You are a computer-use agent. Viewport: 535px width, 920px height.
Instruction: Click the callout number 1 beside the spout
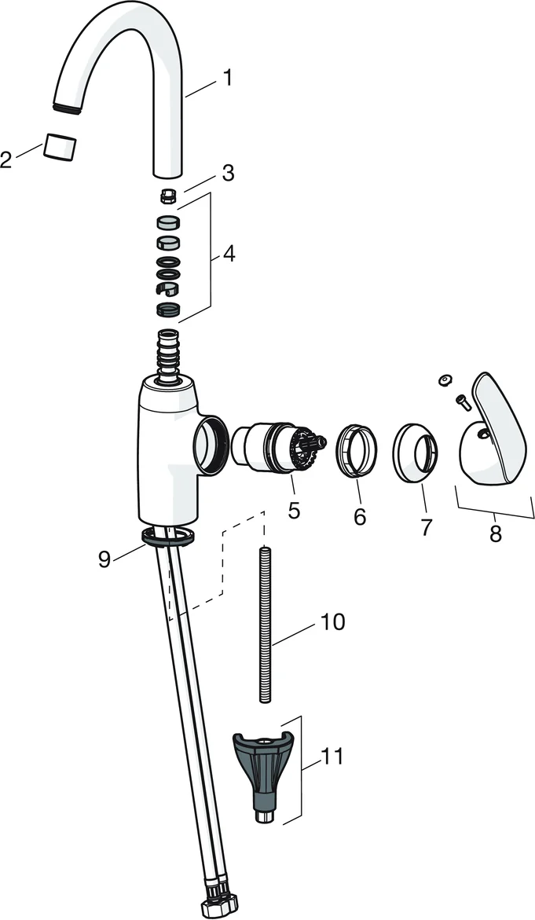tap(227, 78)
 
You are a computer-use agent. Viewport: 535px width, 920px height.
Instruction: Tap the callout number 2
tap(5, 159)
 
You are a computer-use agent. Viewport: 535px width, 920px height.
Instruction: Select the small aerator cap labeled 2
tap(59, 147)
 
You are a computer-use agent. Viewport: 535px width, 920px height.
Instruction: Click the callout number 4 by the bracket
tap(228, 254)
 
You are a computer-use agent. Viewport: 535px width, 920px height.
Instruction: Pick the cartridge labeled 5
tap(278, 449)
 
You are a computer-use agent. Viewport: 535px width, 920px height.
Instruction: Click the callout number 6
tap(360, 515)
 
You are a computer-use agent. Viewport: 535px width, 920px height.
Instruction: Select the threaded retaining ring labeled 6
tap(356, 451)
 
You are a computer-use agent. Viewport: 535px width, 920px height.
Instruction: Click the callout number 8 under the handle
tap(496, 533)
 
